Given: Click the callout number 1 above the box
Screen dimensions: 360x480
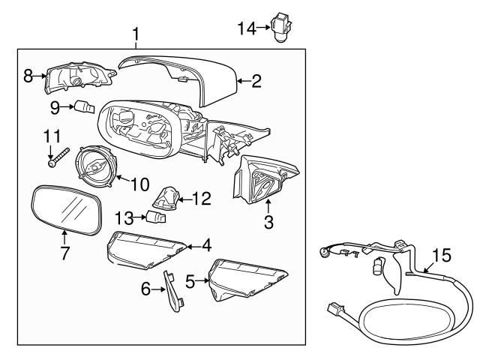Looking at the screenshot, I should tap(136, 34).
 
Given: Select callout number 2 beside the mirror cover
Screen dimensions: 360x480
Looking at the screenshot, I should tap(256, 81).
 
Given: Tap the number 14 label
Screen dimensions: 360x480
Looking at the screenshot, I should tap(247, 28).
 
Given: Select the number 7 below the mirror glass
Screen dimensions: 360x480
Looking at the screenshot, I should tap(64, 253).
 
